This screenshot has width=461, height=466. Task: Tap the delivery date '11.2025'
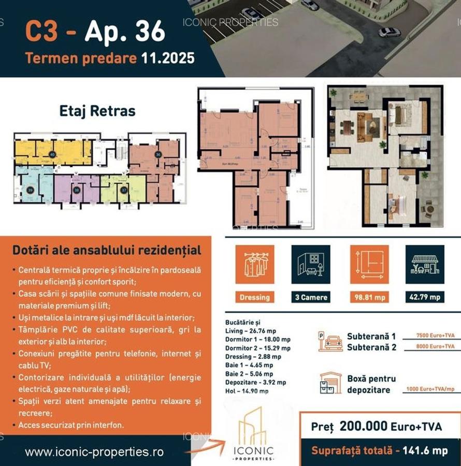pyautogui.click(x=168, y=57)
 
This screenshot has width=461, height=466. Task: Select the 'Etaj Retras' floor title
pyautogui.click(x=97, y=111)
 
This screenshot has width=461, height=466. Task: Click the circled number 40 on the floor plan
pyautogui.click(x=52, y=154)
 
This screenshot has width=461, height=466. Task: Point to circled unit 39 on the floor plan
pyautogui.click(x=30, y=190)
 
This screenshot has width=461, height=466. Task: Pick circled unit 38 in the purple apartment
pyautogui.click(x=76, y=190)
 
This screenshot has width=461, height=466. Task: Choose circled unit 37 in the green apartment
pyautogui.click(x=123, y=190)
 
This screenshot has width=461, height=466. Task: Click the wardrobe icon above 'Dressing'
pyautogui.click(x=255, y=264)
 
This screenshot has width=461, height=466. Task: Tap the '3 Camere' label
pyautogui.click(x=311, y=297)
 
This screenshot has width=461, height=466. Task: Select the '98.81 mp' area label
pyautogui.click(x=369, y=297)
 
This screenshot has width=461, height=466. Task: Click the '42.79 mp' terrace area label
pyautogui.click(x=425, y=297)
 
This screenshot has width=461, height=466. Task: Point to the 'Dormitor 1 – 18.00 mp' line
pyautogui.click(x=258, y=339)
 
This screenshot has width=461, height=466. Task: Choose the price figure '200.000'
pyautogui.click(x=364, y=427)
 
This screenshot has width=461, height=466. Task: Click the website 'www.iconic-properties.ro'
pyautogui.click(x=94, y=452)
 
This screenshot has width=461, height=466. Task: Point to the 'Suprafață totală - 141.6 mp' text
pyautogui.click(x=379, y=451)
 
